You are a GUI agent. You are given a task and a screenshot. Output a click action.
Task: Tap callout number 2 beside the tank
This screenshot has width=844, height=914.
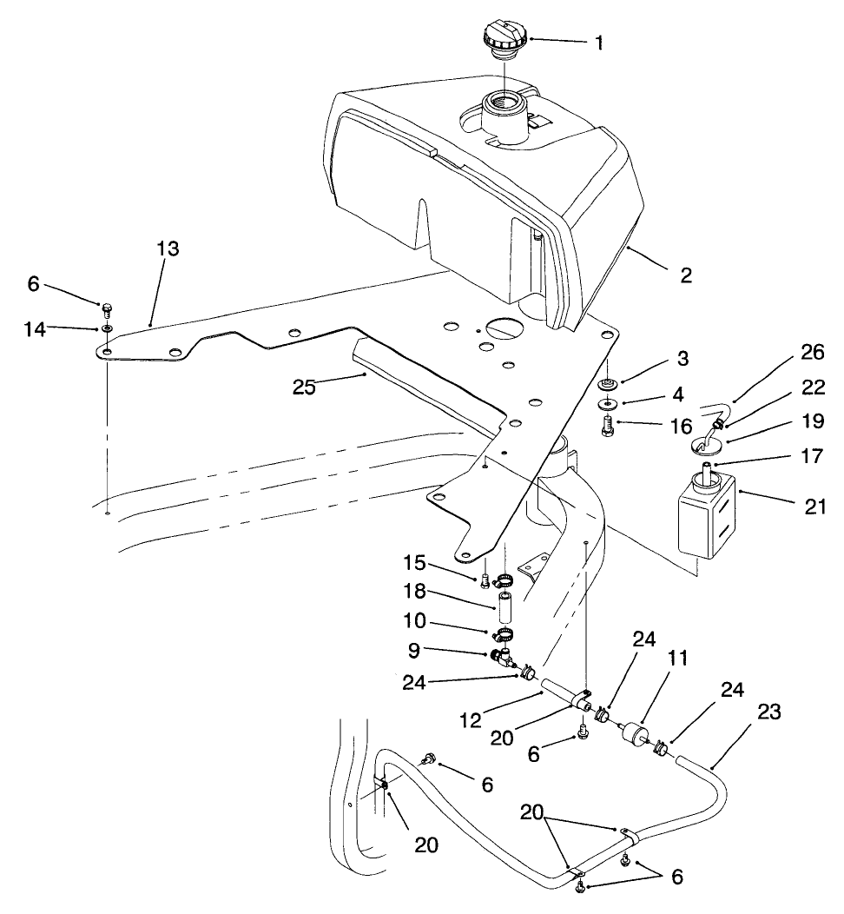point(685,276)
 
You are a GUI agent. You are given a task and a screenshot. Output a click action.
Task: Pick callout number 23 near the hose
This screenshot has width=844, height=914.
point(769,712)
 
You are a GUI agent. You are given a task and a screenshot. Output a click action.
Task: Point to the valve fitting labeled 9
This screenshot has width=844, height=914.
point(504,658)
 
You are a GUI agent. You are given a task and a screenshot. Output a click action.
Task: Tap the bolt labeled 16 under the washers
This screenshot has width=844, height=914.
point(609,427)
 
